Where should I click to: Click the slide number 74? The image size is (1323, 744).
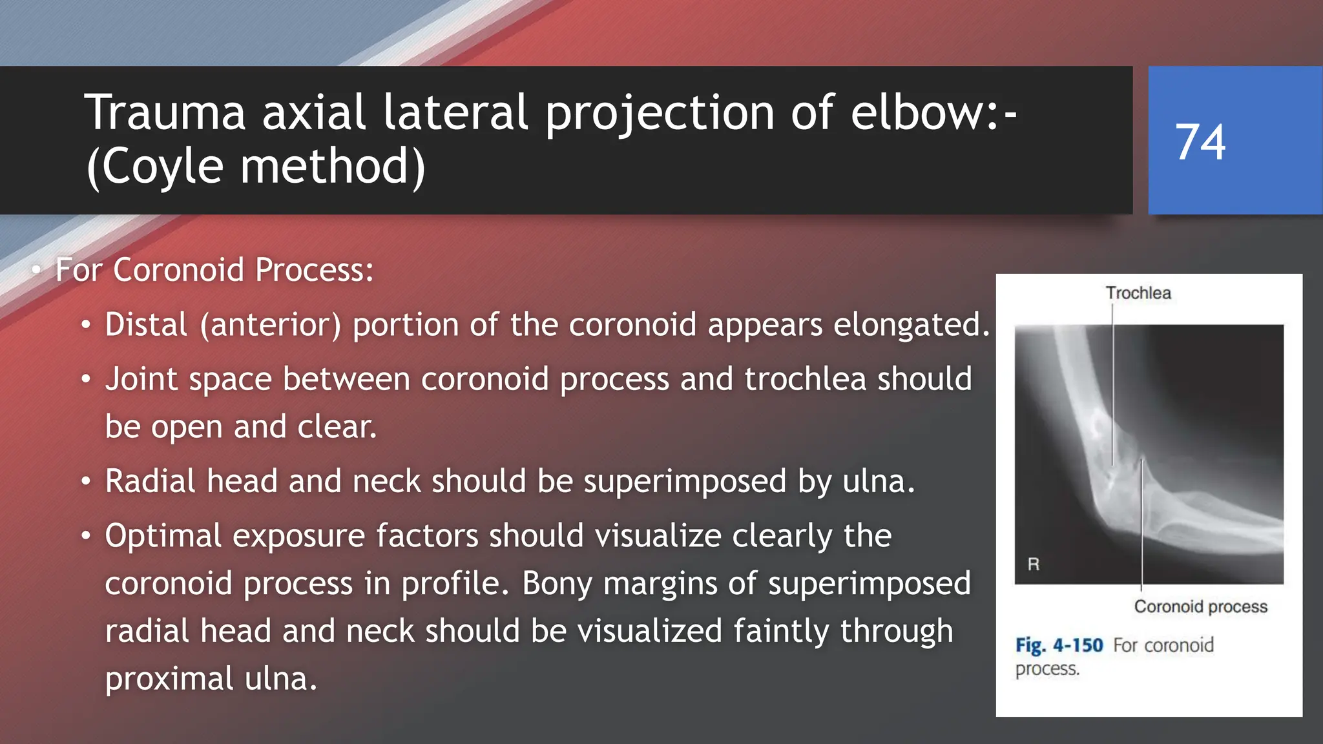coord(1200,142)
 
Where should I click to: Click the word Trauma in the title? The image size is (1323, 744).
coord(165,113)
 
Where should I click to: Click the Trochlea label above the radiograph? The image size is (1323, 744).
coord(1138,293)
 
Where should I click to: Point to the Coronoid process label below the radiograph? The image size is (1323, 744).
coord(1200,606)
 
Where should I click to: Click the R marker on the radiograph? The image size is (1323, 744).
coord(1034,564)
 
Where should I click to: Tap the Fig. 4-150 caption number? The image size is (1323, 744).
coord(1059,645)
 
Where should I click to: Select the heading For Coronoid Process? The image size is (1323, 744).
coord(214,270)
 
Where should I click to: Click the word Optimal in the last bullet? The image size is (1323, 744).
coord(163,536)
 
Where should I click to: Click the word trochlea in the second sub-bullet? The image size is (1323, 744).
coord(805,379)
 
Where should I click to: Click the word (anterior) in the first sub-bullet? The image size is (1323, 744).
coord(270,325)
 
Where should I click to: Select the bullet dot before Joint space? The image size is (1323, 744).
coord(86,380)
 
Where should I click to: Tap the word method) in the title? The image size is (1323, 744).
coord(332,167)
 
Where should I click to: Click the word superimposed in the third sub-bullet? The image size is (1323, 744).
coord(684,482)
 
